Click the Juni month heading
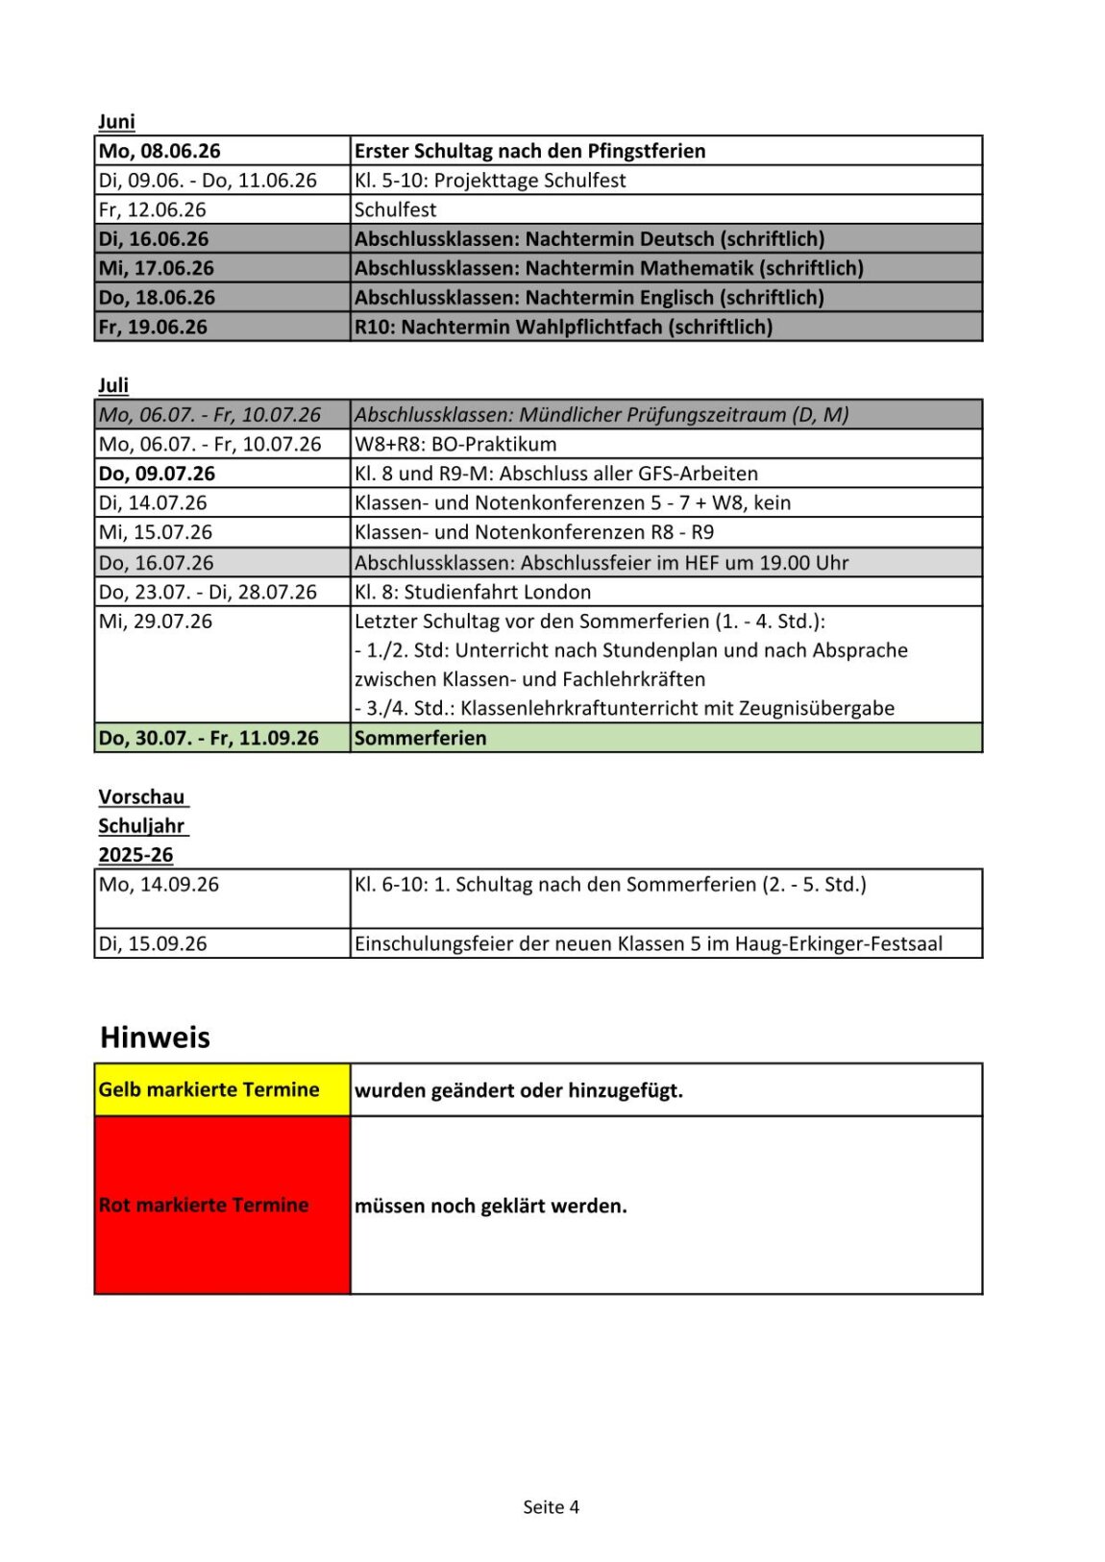116,122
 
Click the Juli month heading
113,385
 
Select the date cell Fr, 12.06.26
152,209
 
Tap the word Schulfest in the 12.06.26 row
395,209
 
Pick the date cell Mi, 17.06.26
157,268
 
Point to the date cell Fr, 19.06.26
153,327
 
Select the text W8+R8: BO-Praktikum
455,444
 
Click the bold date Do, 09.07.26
157,474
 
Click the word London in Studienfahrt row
559,592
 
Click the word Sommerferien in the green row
420,738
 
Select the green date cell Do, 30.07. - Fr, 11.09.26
209,738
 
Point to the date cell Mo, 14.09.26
159,885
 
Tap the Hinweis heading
155,1037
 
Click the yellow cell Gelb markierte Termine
209,1089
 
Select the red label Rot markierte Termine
204,1205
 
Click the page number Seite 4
551,1506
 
